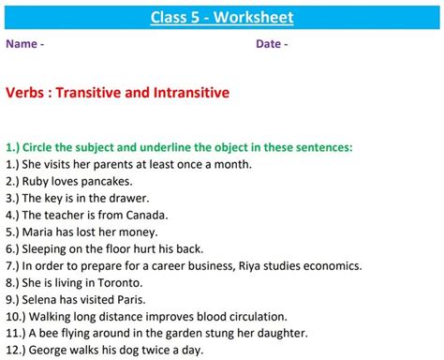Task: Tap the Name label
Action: coord(22,44)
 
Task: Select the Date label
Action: coord(270,44)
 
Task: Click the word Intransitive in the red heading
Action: coord(187,93)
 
